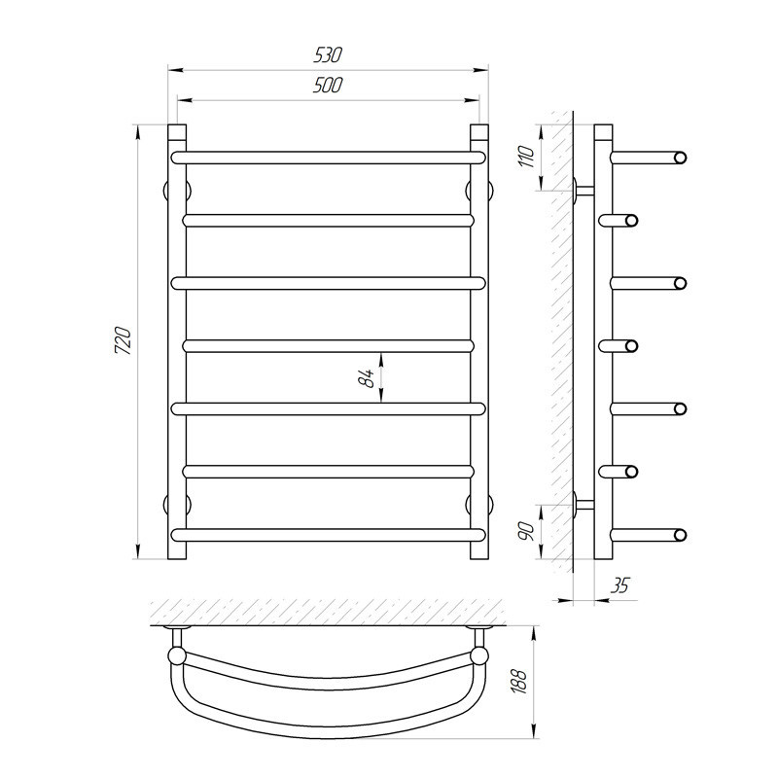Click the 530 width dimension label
tap(328, 54)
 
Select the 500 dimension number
tap(328, 86)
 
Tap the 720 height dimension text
tap(123, 340)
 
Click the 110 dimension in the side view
tap(527, 157)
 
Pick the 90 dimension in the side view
tap(527, 531)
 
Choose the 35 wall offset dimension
tap(619, 586)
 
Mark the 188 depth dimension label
tap(519, 681)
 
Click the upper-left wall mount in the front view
tap(177, 190)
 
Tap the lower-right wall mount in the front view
tap(479, 504)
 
